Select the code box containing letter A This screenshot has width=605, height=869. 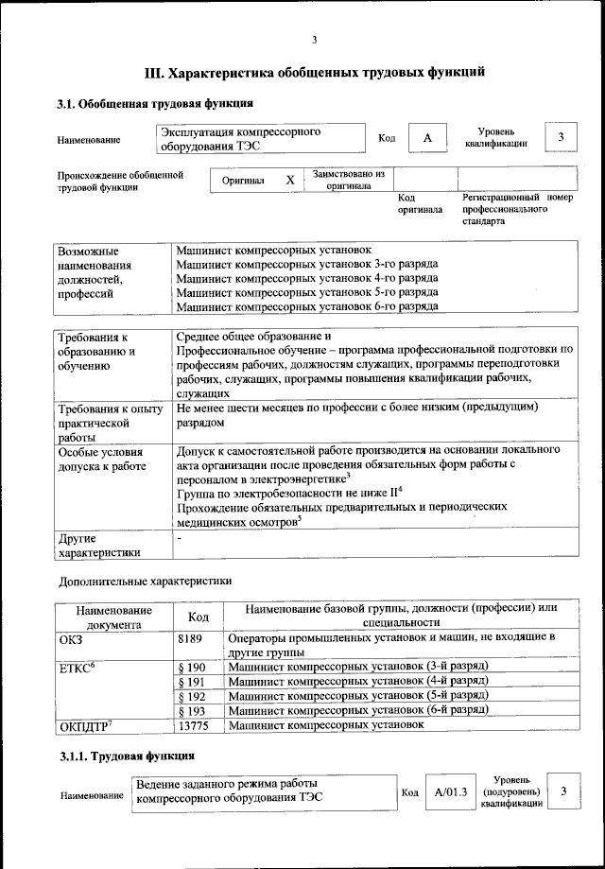tap(427, 139)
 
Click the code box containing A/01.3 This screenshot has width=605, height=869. tap(445, 791)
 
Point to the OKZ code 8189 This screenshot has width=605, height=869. tap(190, 639)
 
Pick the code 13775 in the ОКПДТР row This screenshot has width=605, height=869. tap(192, 724)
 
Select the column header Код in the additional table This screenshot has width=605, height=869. tap(199, 617)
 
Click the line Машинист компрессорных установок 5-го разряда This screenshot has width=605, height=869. tap(306, 293)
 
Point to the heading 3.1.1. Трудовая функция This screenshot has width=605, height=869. tap(127, 756)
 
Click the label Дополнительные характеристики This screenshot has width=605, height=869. tap(145, 580)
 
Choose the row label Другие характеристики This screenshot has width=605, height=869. tap(99, 546)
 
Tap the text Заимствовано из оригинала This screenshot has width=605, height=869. tap(349, 180)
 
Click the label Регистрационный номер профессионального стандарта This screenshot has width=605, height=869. tap(517, 209)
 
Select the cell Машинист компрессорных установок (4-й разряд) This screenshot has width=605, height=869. tap(357, 681)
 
